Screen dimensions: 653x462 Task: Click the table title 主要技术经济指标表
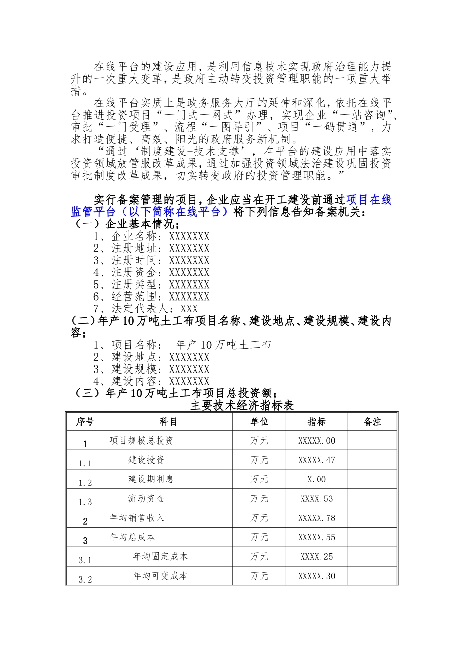point(242,405)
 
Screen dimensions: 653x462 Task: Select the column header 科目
point(168,422)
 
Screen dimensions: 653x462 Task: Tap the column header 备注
point(372,422)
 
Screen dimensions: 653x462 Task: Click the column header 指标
point(316,422)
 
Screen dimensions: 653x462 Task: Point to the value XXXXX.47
point(316,460)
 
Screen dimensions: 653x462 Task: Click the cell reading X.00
point(316,480)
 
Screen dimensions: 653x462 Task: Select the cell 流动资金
point(146,498)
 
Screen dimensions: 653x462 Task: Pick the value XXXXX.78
point(316,518)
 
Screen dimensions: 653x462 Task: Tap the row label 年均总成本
point(132,537)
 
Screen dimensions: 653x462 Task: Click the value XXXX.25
point(316,557)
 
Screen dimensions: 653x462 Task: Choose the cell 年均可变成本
point(160,576)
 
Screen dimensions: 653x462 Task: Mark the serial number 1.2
point(85,482)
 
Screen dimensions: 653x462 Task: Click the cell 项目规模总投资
point(142,441)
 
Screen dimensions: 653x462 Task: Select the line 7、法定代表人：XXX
point(146,309)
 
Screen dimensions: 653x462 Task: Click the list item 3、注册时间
point(151,260)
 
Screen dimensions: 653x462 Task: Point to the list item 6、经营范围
point(151,297)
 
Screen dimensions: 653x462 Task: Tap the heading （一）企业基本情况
point(125,224)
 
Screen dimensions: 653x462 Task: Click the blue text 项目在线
point(369,200)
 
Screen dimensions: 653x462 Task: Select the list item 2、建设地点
point(151,357)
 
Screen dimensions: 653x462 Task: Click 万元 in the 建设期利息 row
point(259,480)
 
